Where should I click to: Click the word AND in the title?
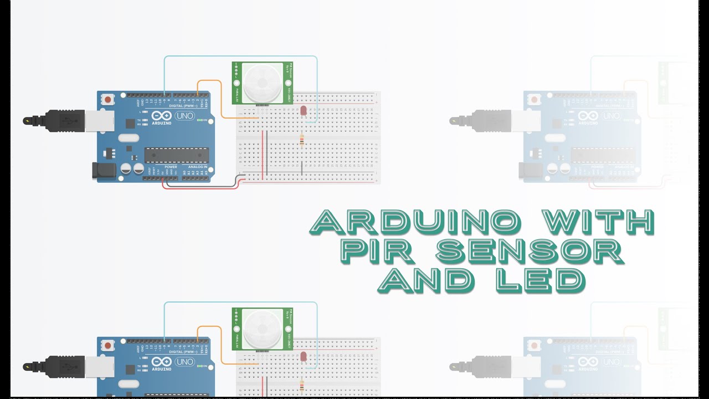[426, 280]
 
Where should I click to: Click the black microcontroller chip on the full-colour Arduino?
[177, 156]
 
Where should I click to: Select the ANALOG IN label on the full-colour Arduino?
[198, 167]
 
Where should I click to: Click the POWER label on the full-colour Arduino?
[171, 167]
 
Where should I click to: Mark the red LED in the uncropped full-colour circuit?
[304, 111]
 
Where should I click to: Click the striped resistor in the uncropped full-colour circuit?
[301, 141]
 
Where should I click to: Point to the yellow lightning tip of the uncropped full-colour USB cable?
[27, 120]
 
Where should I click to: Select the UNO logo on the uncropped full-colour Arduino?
[184, 116]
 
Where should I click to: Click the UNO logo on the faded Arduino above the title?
[611, 116]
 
